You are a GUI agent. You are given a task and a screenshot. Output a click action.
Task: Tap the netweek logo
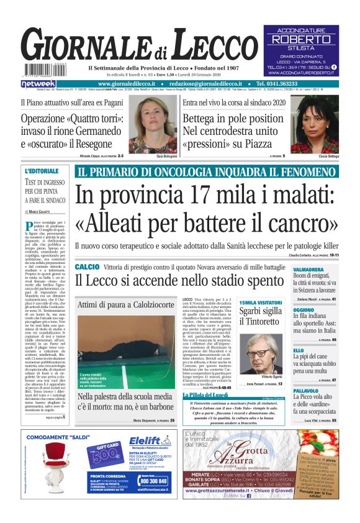(38, 84)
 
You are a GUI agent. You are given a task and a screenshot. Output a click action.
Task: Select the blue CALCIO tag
(87, 266)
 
